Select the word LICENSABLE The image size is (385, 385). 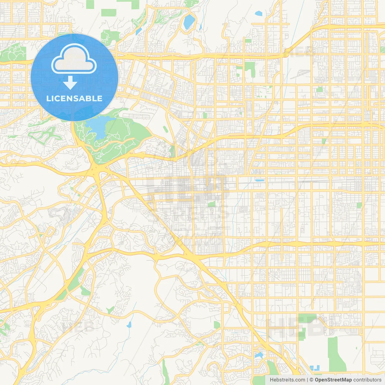point(74,98)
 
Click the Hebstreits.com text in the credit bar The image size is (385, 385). point(287,380)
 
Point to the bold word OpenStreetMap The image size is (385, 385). point(333,380)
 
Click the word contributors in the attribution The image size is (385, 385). point(367,380)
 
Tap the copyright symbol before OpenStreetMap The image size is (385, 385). point(312,380)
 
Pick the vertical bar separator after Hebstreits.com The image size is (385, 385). point(307,380)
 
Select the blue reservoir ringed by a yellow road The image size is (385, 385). point(189,21)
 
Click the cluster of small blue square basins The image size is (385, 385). point(314,368)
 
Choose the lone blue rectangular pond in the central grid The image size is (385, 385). point(260,180)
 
